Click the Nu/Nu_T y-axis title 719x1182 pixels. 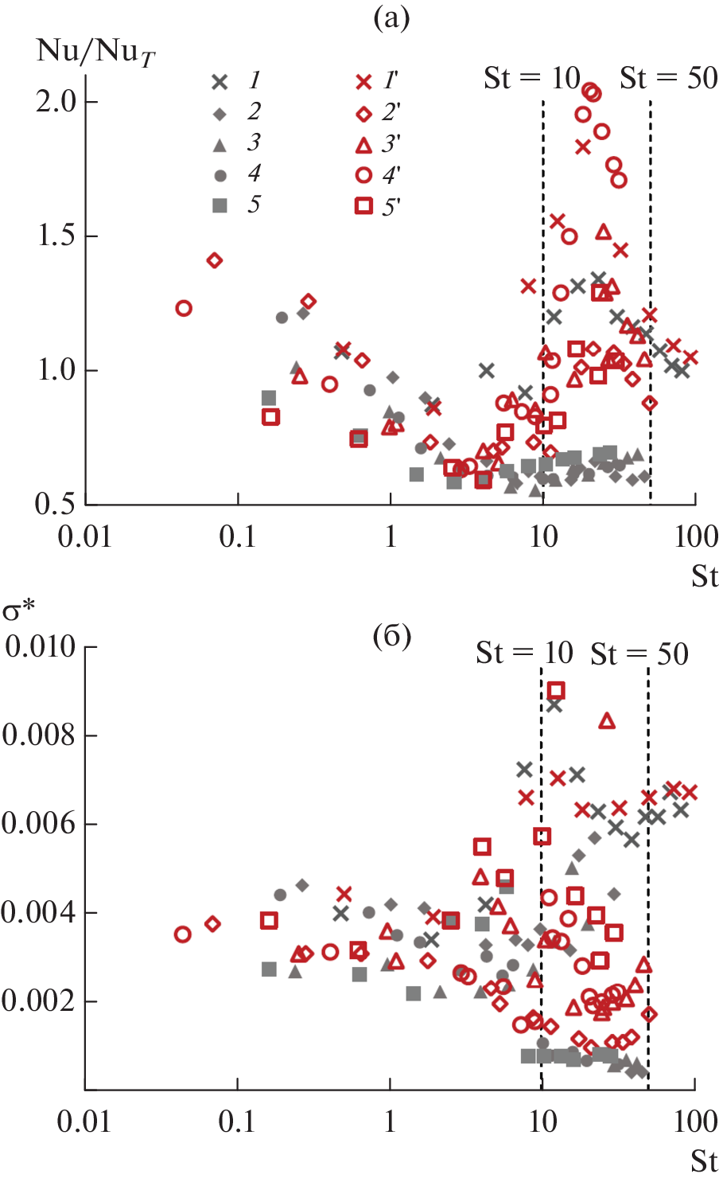pyautogui.click(x=95, y=52)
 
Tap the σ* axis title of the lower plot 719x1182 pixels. pyautogui.click(x=18, y=611)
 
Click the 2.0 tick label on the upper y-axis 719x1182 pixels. pyautogui.click(x=56, y=101)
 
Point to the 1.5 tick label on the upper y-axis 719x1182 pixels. pyautogui.click(x=56, y=236)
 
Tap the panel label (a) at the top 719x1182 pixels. pyautogui.click(x=391, y=18)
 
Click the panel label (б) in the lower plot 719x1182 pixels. pyautogui.click(x=391, y=636)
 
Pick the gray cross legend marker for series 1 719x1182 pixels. pyautogui.click(x=220, y=81)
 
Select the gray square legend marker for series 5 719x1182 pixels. pyautogui.click(x=220, y=205)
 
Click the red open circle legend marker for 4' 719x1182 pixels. pyautogui.click(x=363, y=175)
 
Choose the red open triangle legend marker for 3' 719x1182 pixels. pyautogui.click(x=363, y=145)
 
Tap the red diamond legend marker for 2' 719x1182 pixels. pyautogui.click(x=363, y=114)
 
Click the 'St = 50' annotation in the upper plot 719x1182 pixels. pyautogui.click(x=668, y=78)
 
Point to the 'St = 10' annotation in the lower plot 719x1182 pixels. pyautogui.click(x=524, y=653)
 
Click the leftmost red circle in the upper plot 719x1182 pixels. pyautogui.click(x=184, y=308)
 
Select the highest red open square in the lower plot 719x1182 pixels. pyautogui.click(x=556, y=690)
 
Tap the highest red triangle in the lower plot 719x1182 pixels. pyautogui.click(x=607, y=721)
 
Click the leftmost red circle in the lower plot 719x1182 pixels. pyautogui.click(x=183, y=934)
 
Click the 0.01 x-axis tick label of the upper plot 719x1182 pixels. pyautogui.click(x=85, y=536)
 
